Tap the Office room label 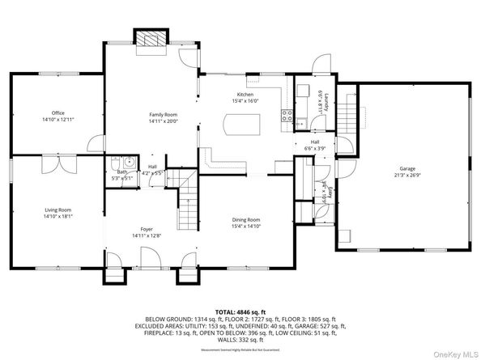pos(57,112)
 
